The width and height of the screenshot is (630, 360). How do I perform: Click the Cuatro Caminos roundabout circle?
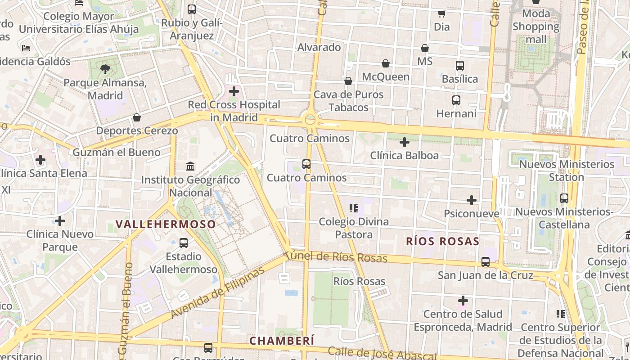pos(310,119)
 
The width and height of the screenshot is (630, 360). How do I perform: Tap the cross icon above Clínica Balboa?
pos(405,143)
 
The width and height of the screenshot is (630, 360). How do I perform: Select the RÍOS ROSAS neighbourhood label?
pos(442,241)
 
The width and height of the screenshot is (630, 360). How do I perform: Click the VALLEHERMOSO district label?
pos(166,224)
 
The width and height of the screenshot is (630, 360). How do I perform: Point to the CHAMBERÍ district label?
pos(282,341)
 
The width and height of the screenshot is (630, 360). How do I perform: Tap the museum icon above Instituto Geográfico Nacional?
pos(190,166)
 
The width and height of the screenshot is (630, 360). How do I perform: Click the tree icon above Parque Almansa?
pos(105,69)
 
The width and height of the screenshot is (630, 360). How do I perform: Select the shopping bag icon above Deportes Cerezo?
pos(137,117)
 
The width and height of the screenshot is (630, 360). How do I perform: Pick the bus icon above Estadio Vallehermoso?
pos(184,243)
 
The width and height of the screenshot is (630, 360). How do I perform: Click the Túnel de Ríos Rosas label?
pos(337,256)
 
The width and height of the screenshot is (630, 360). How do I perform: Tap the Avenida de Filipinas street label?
pos(218,293)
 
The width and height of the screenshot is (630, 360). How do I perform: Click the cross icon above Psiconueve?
pos(472,200)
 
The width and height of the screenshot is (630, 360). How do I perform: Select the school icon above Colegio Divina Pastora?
pos(354,208)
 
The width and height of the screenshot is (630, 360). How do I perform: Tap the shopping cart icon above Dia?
pos(442,13)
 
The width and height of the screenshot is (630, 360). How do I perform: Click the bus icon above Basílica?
pos(460,66)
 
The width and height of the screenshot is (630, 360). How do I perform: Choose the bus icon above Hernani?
pos(456,100)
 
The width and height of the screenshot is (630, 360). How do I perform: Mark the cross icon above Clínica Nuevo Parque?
pos(60,221)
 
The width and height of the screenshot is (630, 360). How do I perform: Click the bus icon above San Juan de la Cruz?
pos(486,261)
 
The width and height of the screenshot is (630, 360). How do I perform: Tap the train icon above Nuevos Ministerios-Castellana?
pos(564,198)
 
